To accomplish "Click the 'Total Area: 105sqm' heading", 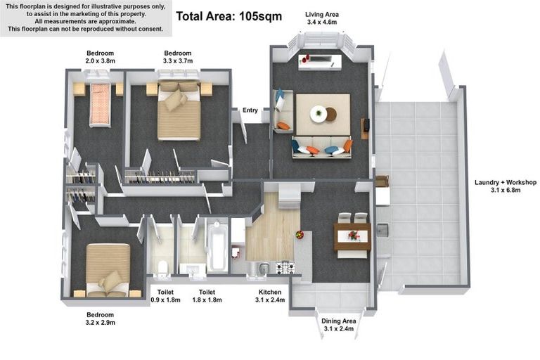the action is (x=229, y=16).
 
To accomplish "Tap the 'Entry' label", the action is (x=250, y=110).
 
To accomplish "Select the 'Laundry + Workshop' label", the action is (x=506, y=182).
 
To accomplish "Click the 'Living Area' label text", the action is (x=322, y=15).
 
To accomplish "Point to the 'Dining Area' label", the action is (x=338, y=321).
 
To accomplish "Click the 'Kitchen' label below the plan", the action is (x=270, y=292).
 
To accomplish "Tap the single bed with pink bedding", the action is (x=101, y=104).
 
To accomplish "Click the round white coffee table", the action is (x=319, y=114).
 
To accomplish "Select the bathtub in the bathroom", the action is (x=217, y=245).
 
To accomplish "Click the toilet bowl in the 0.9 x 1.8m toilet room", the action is (x=162, y=269).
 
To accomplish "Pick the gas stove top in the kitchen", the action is (x=285, y=267).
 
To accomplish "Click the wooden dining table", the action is (x=352, y=236).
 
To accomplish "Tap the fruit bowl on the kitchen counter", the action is (x=300, y=235).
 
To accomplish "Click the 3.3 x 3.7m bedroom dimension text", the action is (x=178, y=61).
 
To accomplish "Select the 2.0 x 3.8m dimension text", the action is (x=101, y=61).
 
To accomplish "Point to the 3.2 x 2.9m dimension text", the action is (x=101, y=323).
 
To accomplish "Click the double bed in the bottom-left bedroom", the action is (x=108, y=270).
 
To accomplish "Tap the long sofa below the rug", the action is (x=322, y=148).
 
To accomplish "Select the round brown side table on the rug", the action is (x=331, y=115).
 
